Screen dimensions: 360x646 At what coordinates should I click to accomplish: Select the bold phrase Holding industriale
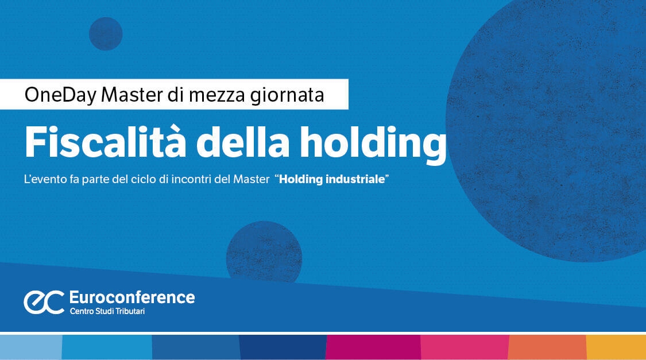pos(331,179)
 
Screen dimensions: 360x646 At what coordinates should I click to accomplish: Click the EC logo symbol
pos(44,302)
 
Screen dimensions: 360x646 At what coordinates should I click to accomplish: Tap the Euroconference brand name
pos(131,297)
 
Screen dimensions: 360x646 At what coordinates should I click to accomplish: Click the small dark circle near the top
pos(106,33)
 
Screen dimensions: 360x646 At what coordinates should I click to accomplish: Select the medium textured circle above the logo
pos(264,251)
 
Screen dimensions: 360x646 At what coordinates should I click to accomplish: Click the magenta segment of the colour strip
pos(373,347)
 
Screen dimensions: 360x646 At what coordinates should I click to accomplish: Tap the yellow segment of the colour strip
pos(616,347)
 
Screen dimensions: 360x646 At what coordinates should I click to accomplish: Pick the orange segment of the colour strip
pos(547,347)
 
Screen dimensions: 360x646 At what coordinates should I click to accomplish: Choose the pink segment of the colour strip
pos(464,347)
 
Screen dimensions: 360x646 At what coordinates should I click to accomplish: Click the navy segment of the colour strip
pos(283,347)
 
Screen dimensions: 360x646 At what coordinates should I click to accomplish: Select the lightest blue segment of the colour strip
pos(30,347)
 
